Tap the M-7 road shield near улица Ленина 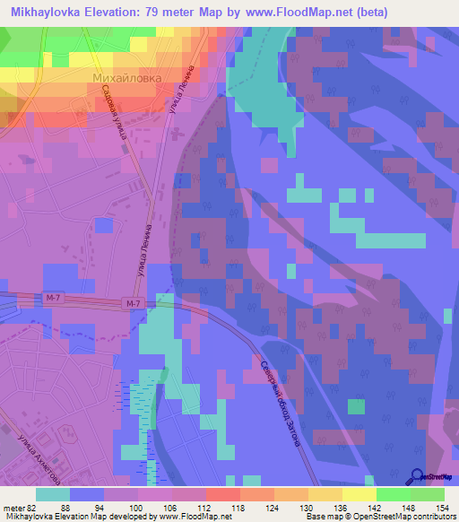pyautogui.click(x=134, y=305)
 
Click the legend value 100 pyautogui.click(x=134, y=507)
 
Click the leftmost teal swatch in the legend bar pyautogui.click(x=52, y=494)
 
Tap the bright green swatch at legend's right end pyautogui.click(x=428, y=494)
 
